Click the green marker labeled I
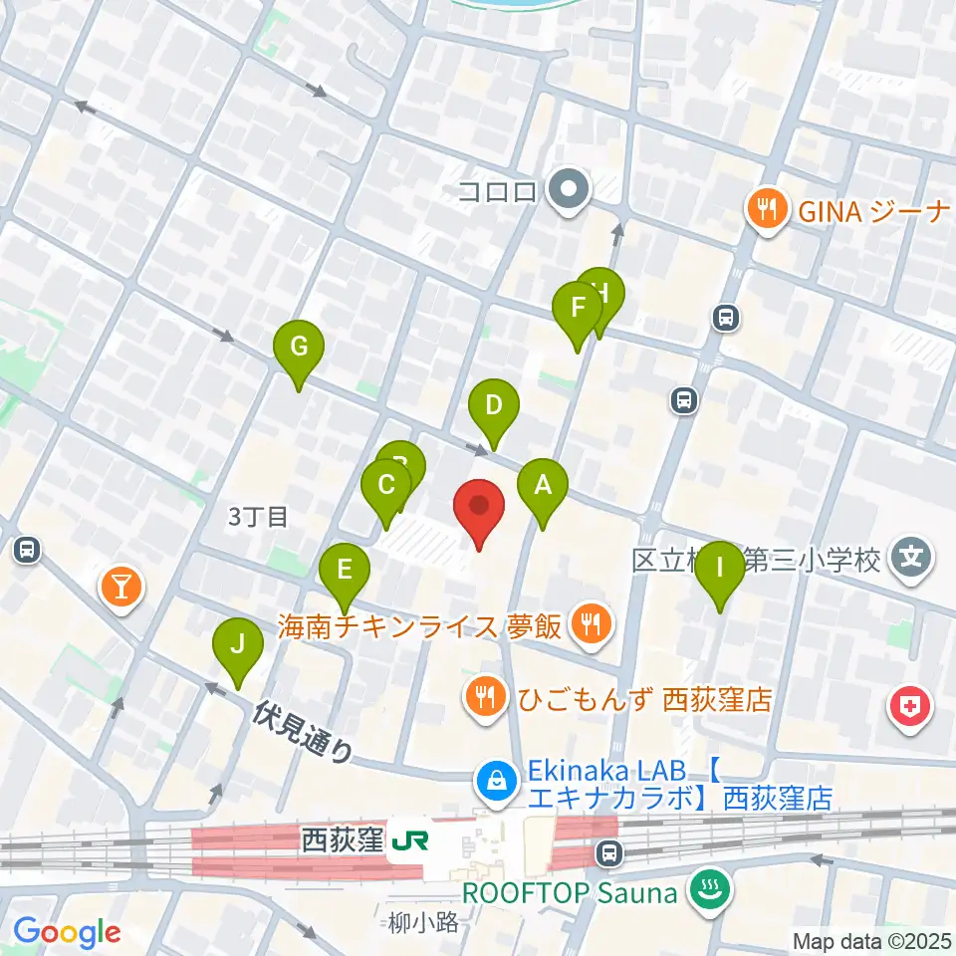point(720,572)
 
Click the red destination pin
point(479,508)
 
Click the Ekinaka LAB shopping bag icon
point(495,782)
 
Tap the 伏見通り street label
point(303,731)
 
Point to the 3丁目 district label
point(257,516)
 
